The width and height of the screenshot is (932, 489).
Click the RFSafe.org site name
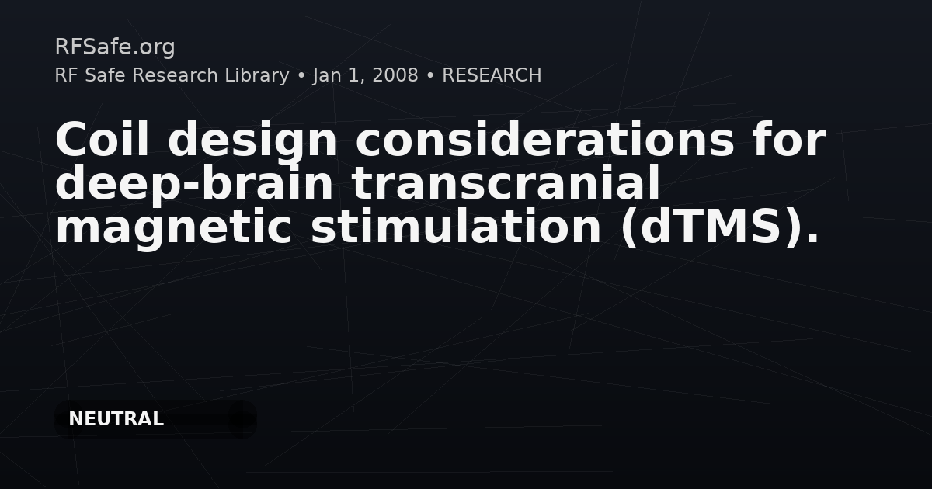[115, 47]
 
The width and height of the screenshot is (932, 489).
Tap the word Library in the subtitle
[257, 75]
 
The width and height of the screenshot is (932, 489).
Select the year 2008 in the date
[395, 75]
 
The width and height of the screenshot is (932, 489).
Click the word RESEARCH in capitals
[492, 75]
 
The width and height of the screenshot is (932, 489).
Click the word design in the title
[252, 141]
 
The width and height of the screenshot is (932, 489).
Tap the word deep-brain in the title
[194, 184]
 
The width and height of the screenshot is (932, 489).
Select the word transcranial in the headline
[506, 182]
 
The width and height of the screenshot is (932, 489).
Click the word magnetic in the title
[174, 229]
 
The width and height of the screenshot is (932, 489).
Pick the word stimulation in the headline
[456, 226]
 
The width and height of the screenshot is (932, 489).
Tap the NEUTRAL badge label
[116, 419]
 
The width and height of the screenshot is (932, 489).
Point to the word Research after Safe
[176, 75]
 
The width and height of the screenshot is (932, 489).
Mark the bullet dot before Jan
[301, 76]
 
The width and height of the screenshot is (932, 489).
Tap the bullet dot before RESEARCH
[430, 76]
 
